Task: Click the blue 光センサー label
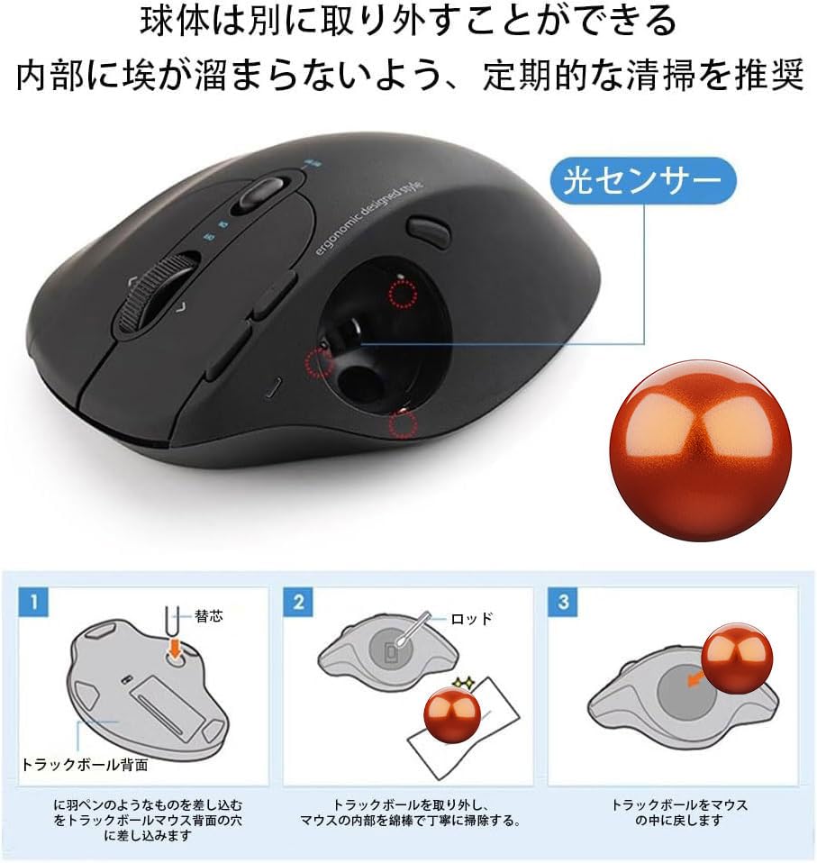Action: pos(642,181)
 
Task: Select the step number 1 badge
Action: pos(33,603)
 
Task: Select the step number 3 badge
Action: pos(564,603)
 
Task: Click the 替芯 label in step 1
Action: pos(208,617)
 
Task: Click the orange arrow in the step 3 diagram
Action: pos(694,677)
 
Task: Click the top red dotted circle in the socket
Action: pos(402,292)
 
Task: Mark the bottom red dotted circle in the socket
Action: pos(402,424)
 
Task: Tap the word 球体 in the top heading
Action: pos(172,22)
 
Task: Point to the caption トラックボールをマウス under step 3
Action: pos(679,804)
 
